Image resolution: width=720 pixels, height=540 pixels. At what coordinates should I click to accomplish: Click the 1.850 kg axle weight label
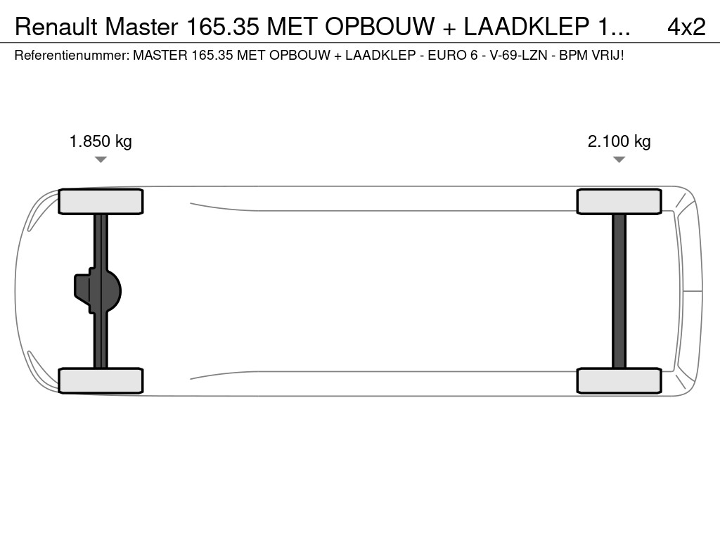point(101,141)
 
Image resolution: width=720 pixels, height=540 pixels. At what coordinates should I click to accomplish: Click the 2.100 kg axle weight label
point(619,141)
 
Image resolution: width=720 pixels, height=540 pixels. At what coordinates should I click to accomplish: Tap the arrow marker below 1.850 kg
point(101,160)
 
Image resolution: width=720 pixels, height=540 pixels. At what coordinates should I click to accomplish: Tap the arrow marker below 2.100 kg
point(619,160)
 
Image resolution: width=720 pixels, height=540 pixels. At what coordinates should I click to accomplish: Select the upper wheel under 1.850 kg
point(101,202)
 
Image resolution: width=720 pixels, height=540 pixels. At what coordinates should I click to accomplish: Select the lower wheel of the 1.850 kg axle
point(101,380)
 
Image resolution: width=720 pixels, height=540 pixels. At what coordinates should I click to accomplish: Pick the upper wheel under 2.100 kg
point(619,202)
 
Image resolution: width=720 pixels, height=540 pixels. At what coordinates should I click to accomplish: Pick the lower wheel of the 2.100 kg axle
point(619,380)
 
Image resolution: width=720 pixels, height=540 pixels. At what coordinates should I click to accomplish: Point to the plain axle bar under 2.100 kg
point(619,291)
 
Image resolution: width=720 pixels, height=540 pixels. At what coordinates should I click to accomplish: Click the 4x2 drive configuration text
point(686,27)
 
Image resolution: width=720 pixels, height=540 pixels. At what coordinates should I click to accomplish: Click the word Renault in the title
point(56,27)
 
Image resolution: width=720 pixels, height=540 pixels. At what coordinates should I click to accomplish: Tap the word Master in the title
point(142,27)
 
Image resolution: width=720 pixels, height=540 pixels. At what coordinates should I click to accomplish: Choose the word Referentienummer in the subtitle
point(70,54)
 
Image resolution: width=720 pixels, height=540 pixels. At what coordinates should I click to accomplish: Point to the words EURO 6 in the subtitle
point(448,54)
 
